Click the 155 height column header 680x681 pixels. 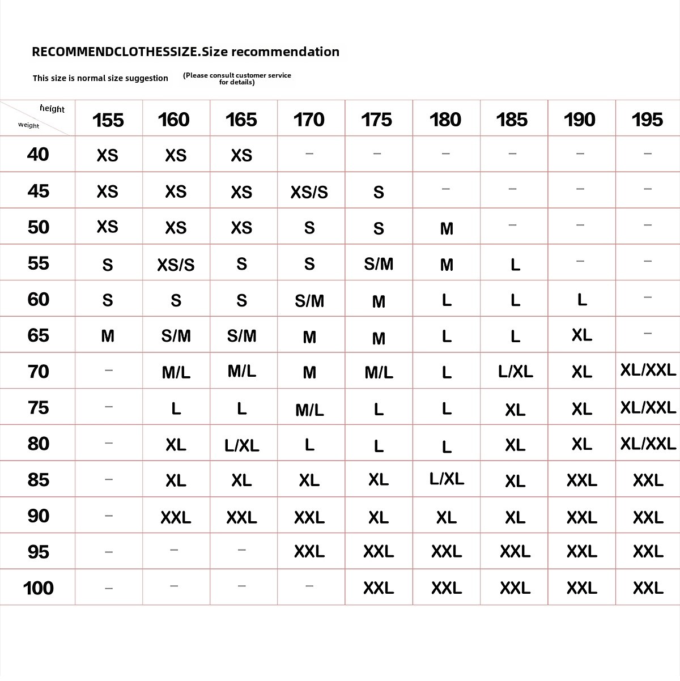click(x=108, y=120)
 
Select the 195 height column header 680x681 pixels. click(x=647, y=120)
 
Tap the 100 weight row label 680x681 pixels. click(x=38, y=588)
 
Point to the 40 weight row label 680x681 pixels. click(x=38, y=154)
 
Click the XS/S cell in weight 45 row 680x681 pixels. click(x=309, y=192)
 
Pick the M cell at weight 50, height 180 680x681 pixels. click(x=447, y=228)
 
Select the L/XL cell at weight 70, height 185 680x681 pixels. click(x=515, y=372)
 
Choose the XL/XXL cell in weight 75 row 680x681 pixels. click(x=648, y=408)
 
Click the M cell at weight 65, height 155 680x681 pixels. click(x=108, y=336)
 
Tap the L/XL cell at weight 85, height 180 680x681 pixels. click(x=447, y=479)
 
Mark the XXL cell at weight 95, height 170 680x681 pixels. click(x=309, y=551)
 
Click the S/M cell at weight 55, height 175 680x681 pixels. click(x=379, y=264)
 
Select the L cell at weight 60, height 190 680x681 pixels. click(x=581, y=300)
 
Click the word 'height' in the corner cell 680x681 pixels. click(x=52, y=109)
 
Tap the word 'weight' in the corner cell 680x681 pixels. click(x=28, y=125)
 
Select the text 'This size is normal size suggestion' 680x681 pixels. click(x=100, y=78)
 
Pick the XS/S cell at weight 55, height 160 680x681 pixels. click(x=176, y=265)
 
